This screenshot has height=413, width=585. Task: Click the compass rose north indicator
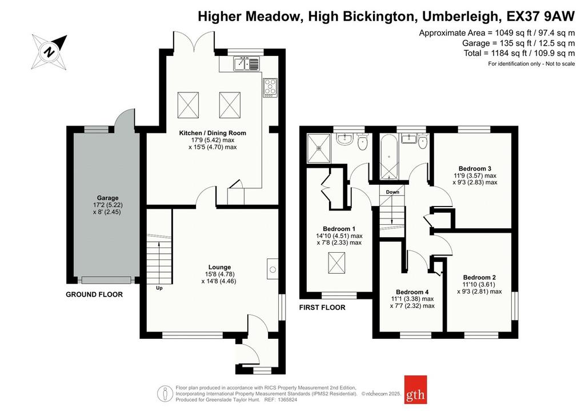[x=49, y=51]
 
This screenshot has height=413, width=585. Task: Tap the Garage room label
[x=108, y=198]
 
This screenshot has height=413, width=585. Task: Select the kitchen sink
[x=246, y=63]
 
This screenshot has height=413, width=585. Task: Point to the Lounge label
[x=220, y=267]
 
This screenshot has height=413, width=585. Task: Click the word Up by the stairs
[x=159, y=288]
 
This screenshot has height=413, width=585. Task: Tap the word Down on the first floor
[x=392, y=192]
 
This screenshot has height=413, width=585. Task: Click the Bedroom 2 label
[x=479, y=277]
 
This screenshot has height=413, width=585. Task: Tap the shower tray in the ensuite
[x=319, y=148]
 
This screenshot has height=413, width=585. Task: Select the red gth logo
[x=416, y=390]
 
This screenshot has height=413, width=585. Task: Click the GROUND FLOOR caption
[x=94, y=294]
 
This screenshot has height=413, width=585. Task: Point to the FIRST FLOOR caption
[x=322, y=307]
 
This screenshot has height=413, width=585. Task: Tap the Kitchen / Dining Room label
[x=213, y=133]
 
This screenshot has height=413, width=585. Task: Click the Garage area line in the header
[x=519, y=43]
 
